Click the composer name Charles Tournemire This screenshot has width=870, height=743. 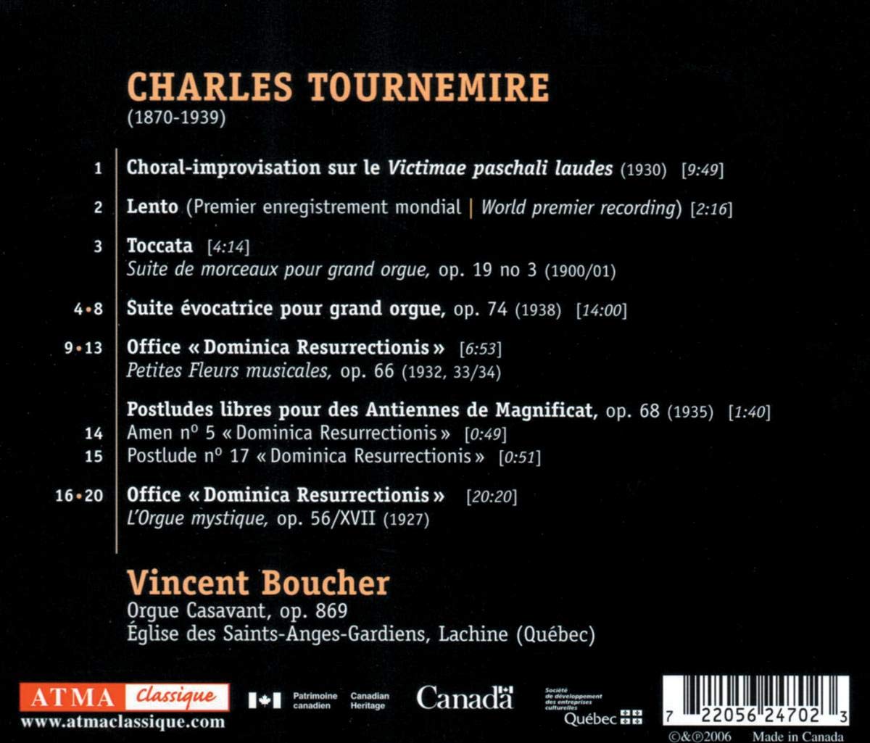338,88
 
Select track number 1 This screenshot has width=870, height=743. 99,169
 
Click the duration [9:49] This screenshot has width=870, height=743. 703,170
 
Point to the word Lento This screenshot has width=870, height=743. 152,207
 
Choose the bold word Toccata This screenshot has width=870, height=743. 159,245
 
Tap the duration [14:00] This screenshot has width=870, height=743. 601,311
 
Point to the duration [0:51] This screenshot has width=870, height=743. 519,458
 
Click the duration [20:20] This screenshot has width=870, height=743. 493,497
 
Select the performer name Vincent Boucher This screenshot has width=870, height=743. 258,583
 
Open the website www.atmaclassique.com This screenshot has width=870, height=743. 123,722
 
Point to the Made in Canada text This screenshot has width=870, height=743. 797,736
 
